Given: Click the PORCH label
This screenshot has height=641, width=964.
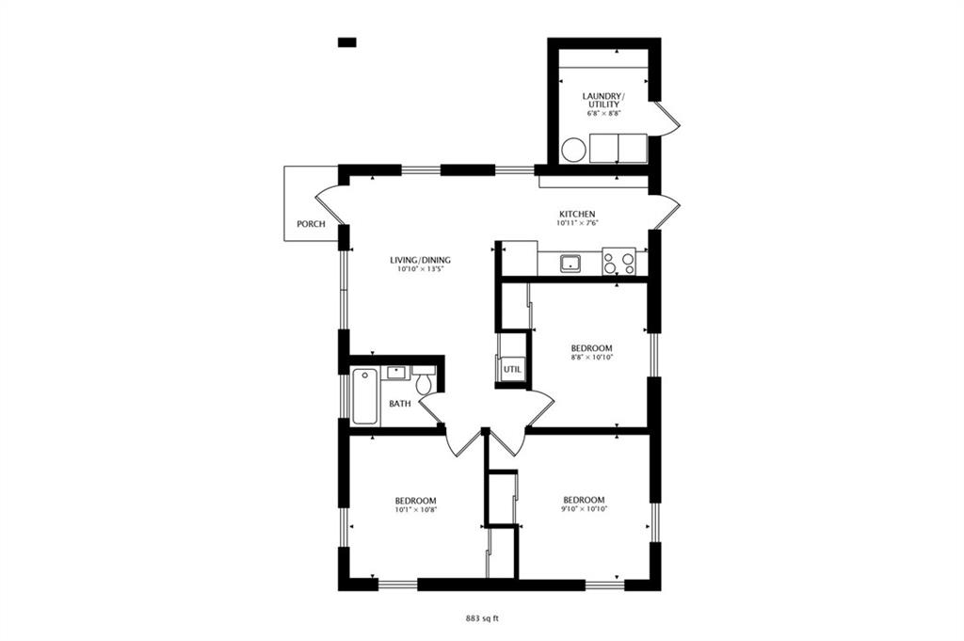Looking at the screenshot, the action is coord(311,224).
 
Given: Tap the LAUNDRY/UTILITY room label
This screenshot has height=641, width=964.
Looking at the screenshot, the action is coord(603,101).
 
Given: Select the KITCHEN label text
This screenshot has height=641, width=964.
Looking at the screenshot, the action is coord(577,214).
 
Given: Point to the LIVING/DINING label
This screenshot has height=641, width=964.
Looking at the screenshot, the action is coord(420,260).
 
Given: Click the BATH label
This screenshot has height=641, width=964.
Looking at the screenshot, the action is coord(400,404).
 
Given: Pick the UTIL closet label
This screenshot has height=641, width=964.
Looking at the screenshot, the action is coord(512,370).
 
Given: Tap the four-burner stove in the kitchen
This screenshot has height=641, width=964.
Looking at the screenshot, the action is coord(619,261).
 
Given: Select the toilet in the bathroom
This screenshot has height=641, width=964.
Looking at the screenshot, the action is coord(424,381).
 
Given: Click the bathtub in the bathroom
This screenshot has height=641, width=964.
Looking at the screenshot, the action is coord(364,395).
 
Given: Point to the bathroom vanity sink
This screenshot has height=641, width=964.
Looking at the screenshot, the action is coord(396,373).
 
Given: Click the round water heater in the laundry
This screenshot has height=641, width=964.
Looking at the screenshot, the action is coord(574,150).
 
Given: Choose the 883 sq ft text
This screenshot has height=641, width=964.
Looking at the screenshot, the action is coord(482,618).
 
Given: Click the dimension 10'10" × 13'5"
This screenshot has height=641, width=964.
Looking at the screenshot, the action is coord(420,268).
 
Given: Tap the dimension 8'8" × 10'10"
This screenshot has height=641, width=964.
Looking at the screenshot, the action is coord(592,357).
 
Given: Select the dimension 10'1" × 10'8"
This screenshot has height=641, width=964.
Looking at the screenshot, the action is coord(415,509).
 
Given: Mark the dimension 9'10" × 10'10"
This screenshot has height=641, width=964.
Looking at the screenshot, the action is coord(584,508).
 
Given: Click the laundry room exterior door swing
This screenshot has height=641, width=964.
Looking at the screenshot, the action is coord(667,117).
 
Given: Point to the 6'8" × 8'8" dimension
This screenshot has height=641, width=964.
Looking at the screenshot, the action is coord(603,113).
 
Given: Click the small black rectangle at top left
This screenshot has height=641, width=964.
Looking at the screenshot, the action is coord(346,41).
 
